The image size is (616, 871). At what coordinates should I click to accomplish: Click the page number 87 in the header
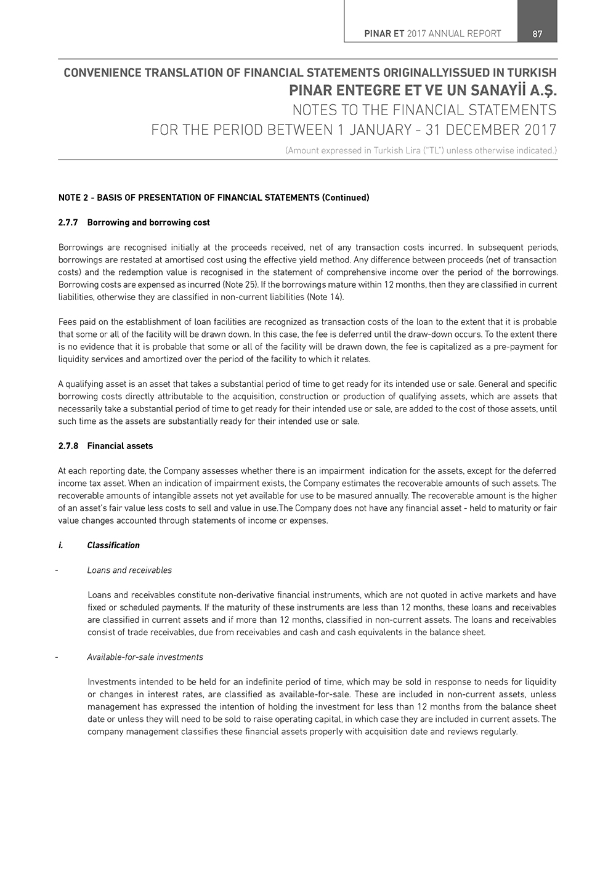537,34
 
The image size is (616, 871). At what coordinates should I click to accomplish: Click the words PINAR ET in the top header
384,34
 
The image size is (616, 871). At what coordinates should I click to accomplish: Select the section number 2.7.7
68,222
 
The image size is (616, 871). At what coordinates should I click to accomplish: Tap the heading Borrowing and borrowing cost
148,222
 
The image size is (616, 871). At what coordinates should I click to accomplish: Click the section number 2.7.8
68,446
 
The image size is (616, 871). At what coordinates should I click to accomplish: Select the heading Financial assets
120,446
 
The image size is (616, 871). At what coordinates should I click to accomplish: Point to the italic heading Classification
113,545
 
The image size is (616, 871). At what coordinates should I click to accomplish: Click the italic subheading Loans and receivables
129,570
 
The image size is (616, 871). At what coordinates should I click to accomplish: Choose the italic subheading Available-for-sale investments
145,657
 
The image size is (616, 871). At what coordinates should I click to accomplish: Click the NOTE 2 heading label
73,198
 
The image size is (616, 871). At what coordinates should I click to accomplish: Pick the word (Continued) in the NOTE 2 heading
346,198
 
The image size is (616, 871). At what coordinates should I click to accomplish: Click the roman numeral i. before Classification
61,545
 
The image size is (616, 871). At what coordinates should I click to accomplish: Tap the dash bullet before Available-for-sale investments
57,657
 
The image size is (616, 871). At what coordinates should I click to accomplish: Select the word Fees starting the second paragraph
68,322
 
